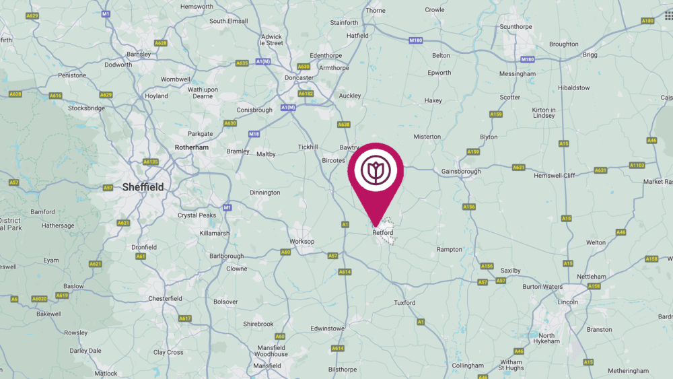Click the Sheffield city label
pyautogui.click(x=143, y=187)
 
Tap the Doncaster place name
pyautogui.click(x=299, y=78)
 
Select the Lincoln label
pyautogui.click(x=569, y=302)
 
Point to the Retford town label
pyautogui.click(x=382, y=233)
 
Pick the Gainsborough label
pyautogui.click(x=461, y=172)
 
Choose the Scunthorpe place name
pyautogui.click(x=516, y=27)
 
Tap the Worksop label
pyautogui.click(x=302, y=241)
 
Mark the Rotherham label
pyautogui.click(x=192, y=147)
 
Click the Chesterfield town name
pyautogui.click(x=165, y=298)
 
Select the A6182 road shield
pyautogui.click(x=306, y=94)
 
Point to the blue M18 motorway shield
pyautogui.click(x=254, y=134)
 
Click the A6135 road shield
pyautogui.click(x=150, y=162)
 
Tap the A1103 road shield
pyautogui.click(x=637, y=165)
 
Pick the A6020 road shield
pyautogui.click(x=40, y=298)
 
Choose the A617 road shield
pyautogui.click(x=185, y=318)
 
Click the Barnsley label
pyautogui.click(x=138, y=55)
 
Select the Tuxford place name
pyautogui.click(x=404, y=303)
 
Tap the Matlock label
pyautogui.click(x=106, y=374)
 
